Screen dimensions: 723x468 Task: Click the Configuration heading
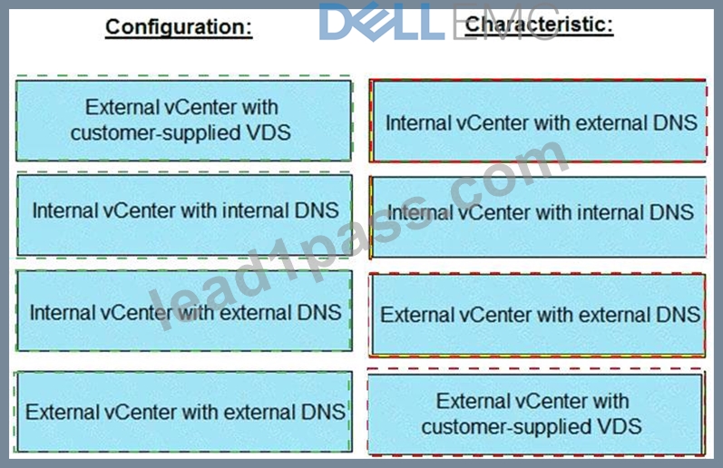tap(179, 27)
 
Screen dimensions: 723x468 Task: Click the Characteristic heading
tap(539, 24)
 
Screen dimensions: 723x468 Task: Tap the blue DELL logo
tap(382, 22)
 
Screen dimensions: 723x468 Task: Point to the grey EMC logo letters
tap(505, 22)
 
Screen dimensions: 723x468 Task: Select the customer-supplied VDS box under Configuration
tap(183, 121)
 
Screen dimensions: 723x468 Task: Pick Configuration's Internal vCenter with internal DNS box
tap(184, 215)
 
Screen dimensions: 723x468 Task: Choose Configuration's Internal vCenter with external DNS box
tap(184, 311)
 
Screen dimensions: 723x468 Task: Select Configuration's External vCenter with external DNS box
tap(184, 412)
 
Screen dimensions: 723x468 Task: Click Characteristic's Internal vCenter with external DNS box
tap(538, 121)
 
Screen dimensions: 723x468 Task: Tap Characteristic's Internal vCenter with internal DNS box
tap(538, 217)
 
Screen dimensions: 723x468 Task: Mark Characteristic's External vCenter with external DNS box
tap(538, 315)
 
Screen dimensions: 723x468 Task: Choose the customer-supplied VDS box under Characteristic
tap(536, 414)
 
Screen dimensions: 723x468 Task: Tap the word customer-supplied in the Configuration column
tap(156, 133)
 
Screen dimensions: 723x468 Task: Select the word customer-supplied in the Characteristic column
tap(507, 427)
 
